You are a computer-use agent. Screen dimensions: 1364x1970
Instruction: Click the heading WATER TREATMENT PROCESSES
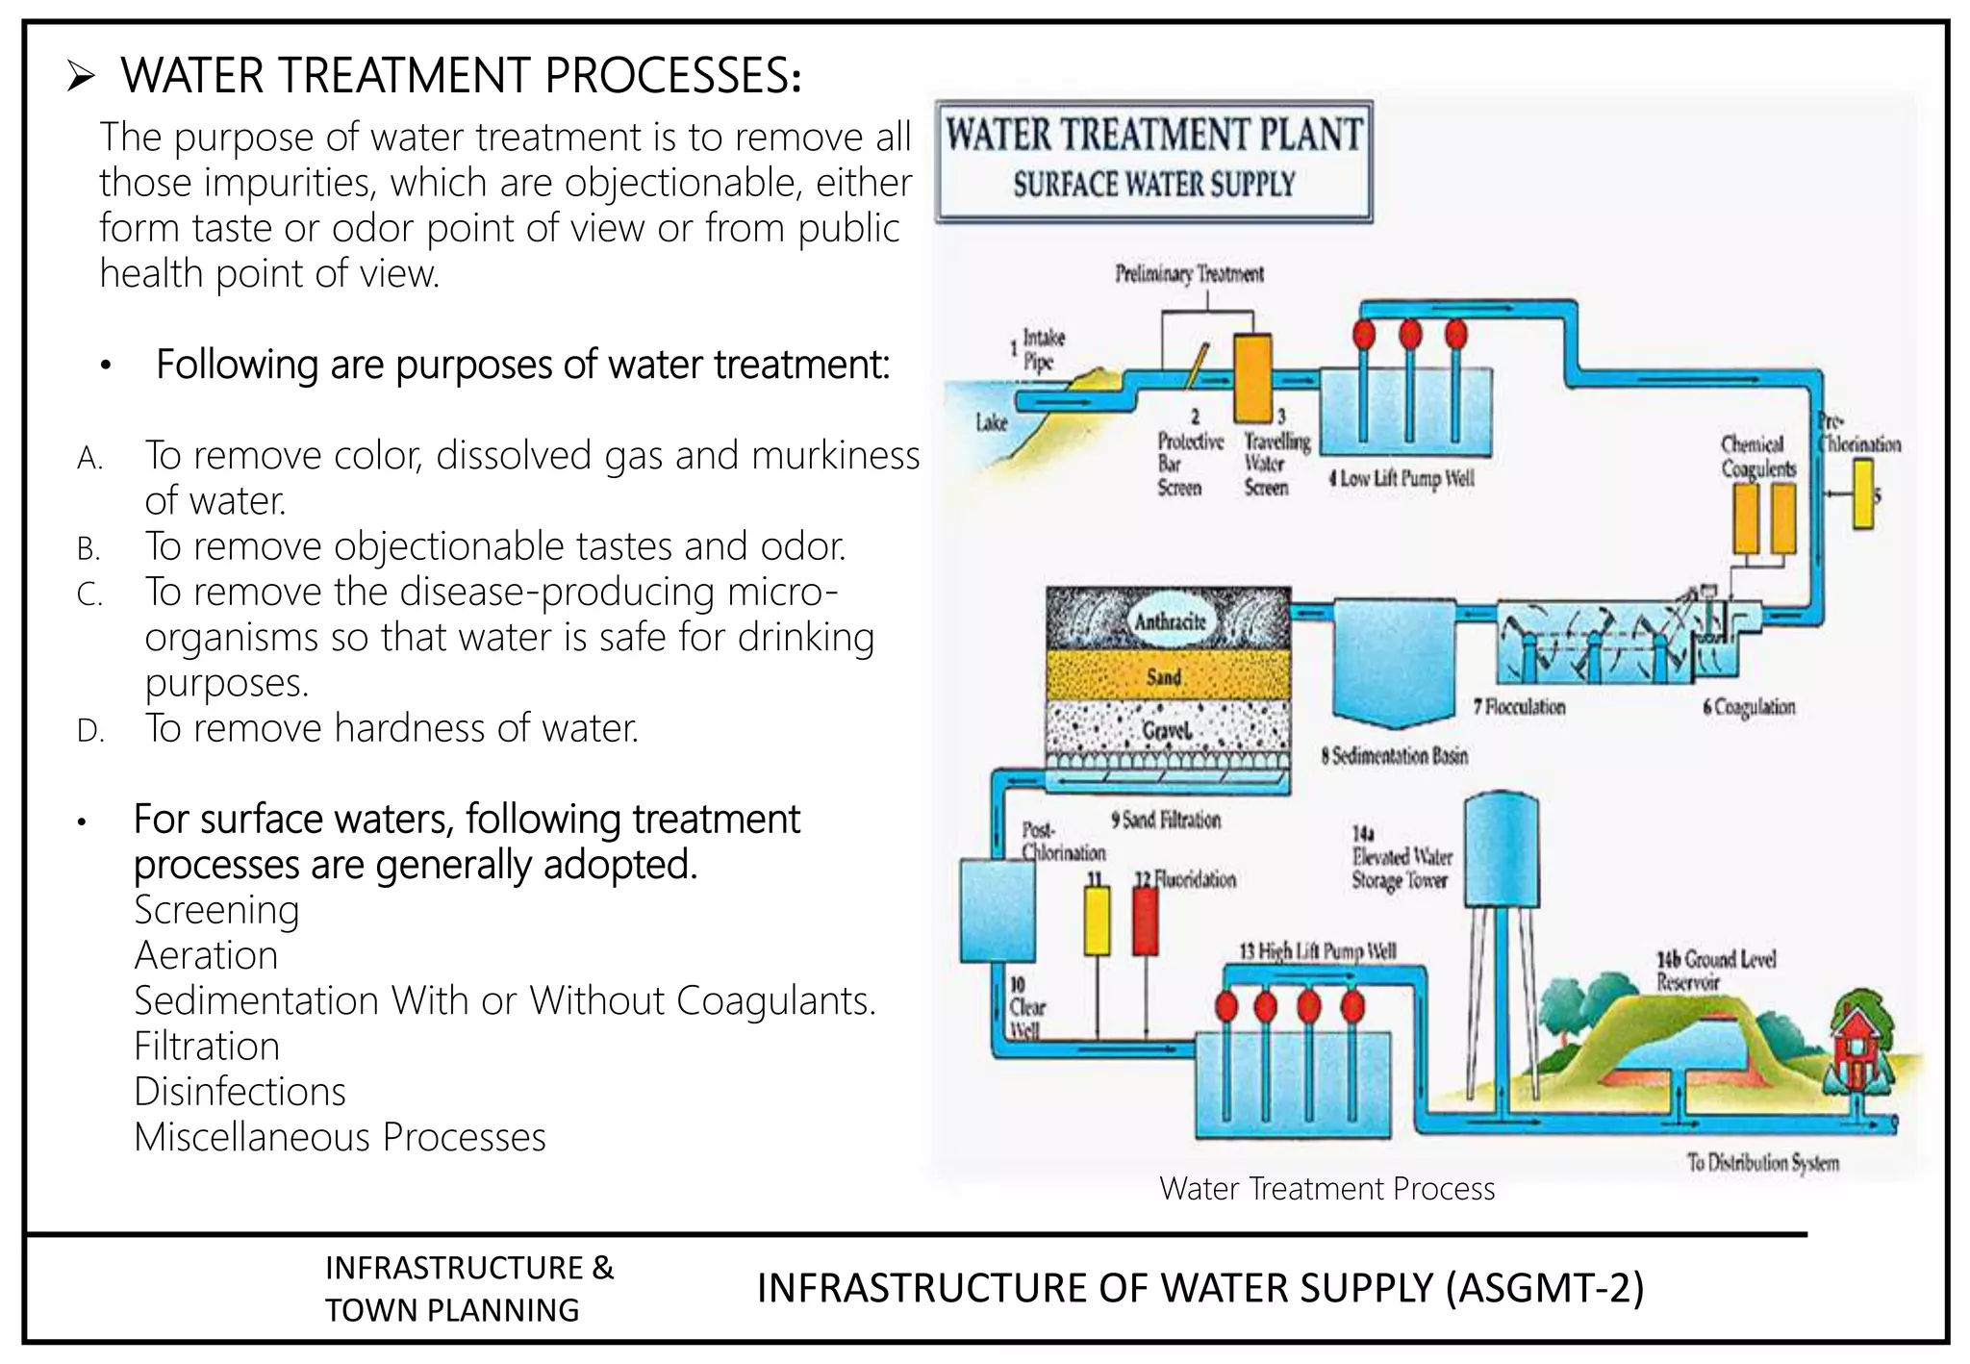coord(460,76)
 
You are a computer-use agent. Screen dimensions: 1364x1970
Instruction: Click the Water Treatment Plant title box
coord(1153,161)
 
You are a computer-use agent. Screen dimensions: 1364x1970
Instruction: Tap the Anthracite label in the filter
coord(1169,621)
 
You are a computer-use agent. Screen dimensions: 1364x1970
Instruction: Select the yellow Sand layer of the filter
coord(1167,676)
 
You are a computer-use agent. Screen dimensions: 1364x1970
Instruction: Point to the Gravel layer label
coord(1167,731)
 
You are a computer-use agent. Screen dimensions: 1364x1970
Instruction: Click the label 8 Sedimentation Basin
coord(1394,756)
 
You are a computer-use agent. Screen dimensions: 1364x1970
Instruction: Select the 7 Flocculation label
coord(1519,707)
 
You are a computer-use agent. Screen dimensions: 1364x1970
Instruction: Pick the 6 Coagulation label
coord(1748,707)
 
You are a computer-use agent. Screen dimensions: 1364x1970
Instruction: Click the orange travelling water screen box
coord(1252,378)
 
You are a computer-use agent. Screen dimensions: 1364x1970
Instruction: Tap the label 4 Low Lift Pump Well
coord(1401,479)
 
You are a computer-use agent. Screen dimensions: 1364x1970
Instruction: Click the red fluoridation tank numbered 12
coord(1145,921)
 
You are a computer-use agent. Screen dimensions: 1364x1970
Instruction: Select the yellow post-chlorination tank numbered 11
coord(1097,921)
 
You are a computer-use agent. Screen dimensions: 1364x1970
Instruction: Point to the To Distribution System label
coord(1761,1162)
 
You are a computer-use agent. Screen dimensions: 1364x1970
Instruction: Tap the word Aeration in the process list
coord(206,955)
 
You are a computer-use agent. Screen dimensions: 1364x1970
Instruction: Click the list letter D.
coord(90,731)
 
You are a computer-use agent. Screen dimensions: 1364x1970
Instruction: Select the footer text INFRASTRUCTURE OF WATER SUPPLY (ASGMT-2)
coord(1200,1288)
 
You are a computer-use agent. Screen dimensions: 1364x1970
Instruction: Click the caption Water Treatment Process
coord(1326,1189)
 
